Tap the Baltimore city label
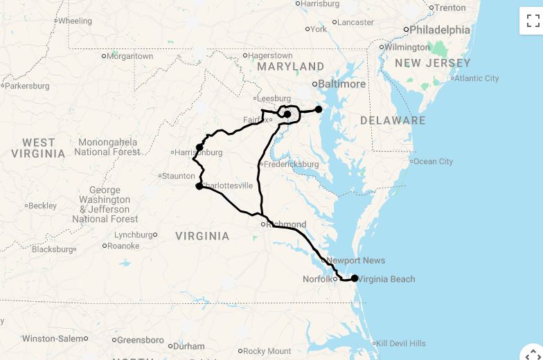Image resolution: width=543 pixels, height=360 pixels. (x=341, y=84)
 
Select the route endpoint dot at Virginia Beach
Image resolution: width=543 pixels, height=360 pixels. (x=355, y=278)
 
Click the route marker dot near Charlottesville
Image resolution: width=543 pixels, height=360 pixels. (x=199, y=186)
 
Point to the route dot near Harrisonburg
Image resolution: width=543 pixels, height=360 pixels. (x=199, y=147)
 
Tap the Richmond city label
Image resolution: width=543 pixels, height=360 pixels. (x=287, y=224)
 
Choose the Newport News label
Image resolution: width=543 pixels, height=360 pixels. (x=356, y=260)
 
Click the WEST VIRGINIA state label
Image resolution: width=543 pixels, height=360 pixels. (x=38, y=148)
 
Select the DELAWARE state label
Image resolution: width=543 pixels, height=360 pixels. (x=393, y=120)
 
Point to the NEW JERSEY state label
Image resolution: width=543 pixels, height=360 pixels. (x=423, y=63)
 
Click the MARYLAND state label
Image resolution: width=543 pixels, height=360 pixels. (x=290, y=66)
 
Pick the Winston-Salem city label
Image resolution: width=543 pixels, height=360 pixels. (x=52, y=339)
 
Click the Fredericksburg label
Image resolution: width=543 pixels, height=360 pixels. (x=291, y=164)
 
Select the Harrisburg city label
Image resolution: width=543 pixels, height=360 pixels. (x=320, y=3)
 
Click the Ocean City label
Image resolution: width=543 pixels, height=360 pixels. (x=433, y=161)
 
